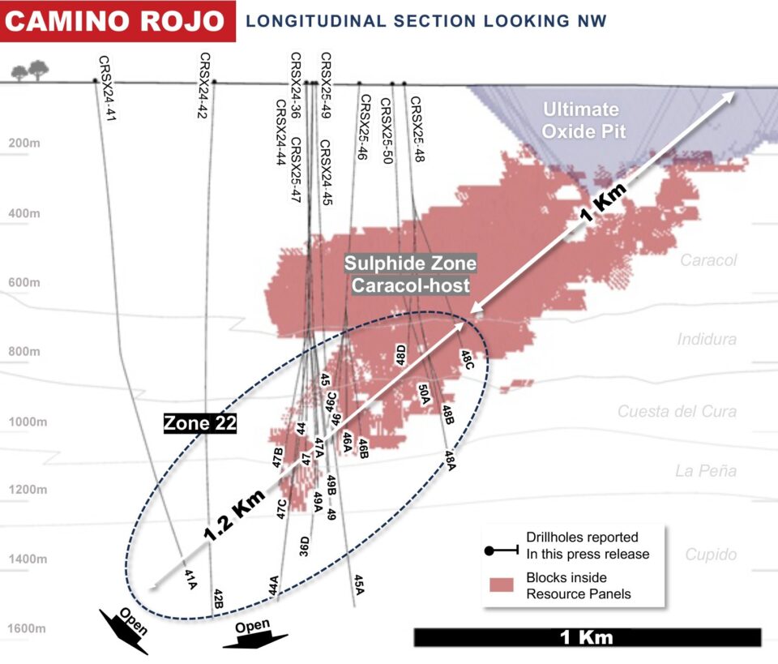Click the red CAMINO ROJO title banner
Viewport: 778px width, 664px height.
tap(118, 21)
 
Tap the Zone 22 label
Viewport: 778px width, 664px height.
tap(199, 423)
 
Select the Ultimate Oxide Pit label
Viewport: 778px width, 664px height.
tap(581, 119)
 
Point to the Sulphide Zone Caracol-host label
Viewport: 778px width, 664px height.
tap(410, 274)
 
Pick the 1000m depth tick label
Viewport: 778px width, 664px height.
tap(24, 421)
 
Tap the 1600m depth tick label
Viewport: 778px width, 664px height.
tap(24, 628)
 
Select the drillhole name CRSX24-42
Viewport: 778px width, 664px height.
tap(204, 85)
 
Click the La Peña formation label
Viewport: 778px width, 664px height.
tap(706, 470)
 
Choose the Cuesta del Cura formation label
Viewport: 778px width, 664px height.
tap(677, 411)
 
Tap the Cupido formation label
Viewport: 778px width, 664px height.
tap(711, 555)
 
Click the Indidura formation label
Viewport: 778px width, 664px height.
tap(707, 339)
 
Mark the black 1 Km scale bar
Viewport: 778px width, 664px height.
tap(587, 637)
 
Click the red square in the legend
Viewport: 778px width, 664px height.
tap(504, 585)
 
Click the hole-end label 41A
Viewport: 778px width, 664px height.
tap(191, 577)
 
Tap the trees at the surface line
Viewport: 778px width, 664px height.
tap(30, 71)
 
